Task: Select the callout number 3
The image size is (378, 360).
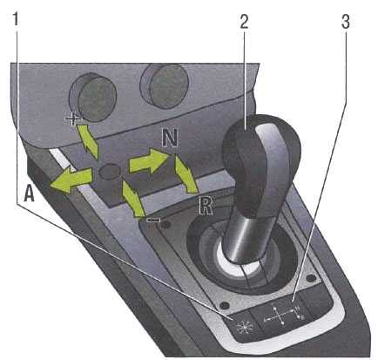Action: [345, 21]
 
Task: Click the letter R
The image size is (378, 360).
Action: [206, 206]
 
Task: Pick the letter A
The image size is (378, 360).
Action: [29, 193]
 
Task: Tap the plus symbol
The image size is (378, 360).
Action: [73, 119]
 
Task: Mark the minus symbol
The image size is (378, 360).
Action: [153, 220]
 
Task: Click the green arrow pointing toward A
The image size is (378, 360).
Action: [71, 180]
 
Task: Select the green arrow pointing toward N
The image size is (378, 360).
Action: [149, 161]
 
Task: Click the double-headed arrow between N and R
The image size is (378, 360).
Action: [186, 173]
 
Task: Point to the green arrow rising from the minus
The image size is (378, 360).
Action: [132, 199]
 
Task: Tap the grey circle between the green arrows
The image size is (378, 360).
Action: [110, 172]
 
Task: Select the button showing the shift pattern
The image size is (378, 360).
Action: [280, 315]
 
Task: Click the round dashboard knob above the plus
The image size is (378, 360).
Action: [93, 97]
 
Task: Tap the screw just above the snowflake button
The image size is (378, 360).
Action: [224, 305]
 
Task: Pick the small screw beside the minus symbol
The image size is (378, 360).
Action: [165, 225]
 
